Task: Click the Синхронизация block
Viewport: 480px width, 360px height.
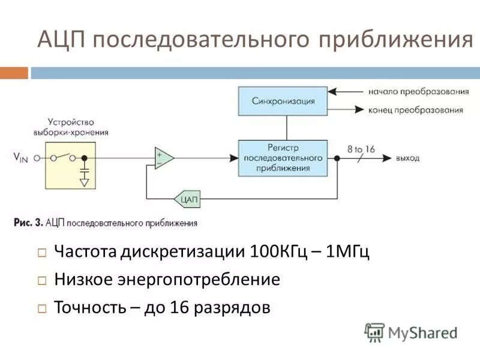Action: (283, 100)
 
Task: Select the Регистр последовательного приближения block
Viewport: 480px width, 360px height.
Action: (283, 157)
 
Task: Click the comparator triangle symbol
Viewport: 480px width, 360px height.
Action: (163, 158)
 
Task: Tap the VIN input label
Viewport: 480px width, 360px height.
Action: (22, 157)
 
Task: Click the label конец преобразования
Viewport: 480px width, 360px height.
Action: (416, 110)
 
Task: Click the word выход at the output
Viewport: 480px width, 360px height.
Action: (407, 158)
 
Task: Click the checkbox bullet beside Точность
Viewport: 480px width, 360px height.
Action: (42, 309)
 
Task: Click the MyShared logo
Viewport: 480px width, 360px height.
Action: (412, 332)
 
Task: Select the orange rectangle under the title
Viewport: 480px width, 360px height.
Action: (14, 73)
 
